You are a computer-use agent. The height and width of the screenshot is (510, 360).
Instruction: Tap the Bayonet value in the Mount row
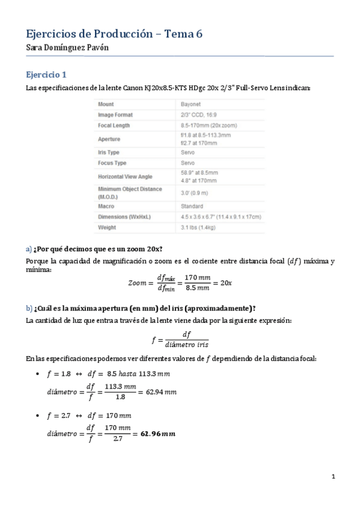coord(192,104)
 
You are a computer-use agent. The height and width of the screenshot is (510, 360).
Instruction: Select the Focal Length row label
coord(114,126)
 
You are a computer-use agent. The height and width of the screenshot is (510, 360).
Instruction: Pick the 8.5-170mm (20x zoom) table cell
coord(208,126)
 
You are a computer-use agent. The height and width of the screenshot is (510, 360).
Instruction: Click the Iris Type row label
coord(108,153)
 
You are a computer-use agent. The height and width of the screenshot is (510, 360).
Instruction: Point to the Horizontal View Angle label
coord(125,177)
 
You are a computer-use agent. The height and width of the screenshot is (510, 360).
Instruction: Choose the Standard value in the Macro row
coord(192,206)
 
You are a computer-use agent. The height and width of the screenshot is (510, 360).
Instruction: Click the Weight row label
coord(106,227)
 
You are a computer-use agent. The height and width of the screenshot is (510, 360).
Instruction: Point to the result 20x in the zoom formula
coord(225,283)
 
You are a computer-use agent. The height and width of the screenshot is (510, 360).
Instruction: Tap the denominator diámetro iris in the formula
coord(186,345)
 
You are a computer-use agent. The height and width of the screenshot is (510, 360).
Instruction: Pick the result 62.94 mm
coord(161,392)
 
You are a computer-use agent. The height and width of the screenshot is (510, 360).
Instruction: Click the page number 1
coord(332,477)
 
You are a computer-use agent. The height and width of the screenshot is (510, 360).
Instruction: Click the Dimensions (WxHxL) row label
coord(123,217)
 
